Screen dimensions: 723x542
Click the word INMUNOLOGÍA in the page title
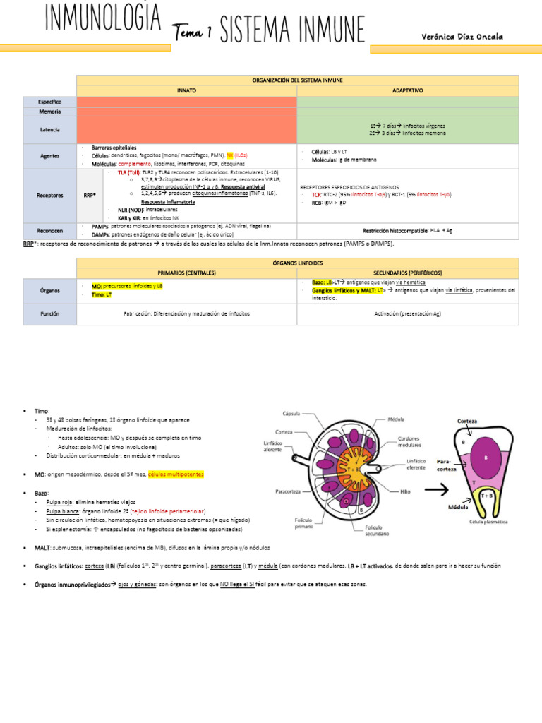[103, 20]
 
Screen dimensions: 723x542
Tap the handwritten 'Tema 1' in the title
[193, 31]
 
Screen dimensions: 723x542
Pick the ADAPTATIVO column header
[407, 91]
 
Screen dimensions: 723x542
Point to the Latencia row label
[49, 129]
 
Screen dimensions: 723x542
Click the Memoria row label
[49, 112]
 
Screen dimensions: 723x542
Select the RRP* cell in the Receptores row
[90, 196]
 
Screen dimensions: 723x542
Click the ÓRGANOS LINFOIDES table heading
[297, 263]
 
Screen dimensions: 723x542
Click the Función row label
[49, 313]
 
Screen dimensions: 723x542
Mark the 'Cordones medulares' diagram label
[409, 442]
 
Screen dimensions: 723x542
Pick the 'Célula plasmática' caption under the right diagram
[486, 522]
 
